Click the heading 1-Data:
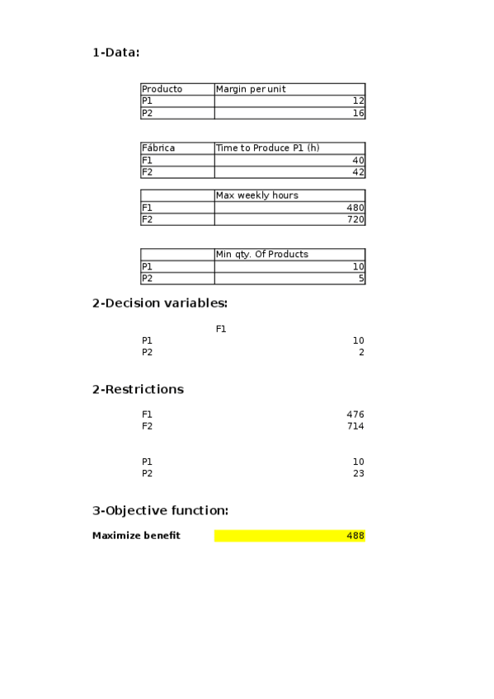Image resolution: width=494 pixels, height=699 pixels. coord(116,53)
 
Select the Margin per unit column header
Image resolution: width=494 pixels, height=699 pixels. coord(251,89)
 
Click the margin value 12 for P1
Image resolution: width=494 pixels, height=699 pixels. coord(358,101)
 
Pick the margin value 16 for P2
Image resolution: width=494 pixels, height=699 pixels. coord(358,113)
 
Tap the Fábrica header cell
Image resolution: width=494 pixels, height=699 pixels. coord(158,148)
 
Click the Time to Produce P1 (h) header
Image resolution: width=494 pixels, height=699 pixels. coord(267,148)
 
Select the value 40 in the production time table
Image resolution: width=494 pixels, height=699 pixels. coord(358,160)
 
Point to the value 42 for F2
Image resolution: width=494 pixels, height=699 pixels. coord(358,172)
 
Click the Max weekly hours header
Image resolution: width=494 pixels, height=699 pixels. coord(256,195)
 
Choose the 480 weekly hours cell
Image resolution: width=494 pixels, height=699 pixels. coord(355,208)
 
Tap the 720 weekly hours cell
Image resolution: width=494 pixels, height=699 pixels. coord(355,220)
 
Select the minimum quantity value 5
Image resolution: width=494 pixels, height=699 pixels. coord(360,279)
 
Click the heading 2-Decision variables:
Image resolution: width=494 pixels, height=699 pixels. coord(159,303)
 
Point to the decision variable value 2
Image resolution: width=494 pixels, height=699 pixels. coord(360,353)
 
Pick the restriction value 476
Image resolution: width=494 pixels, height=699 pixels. coord(355,415)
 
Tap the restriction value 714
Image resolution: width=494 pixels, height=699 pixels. coord(355,426)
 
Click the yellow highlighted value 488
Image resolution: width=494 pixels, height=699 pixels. coord(355,536)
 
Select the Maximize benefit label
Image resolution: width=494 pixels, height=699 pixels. coord(136,536)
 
